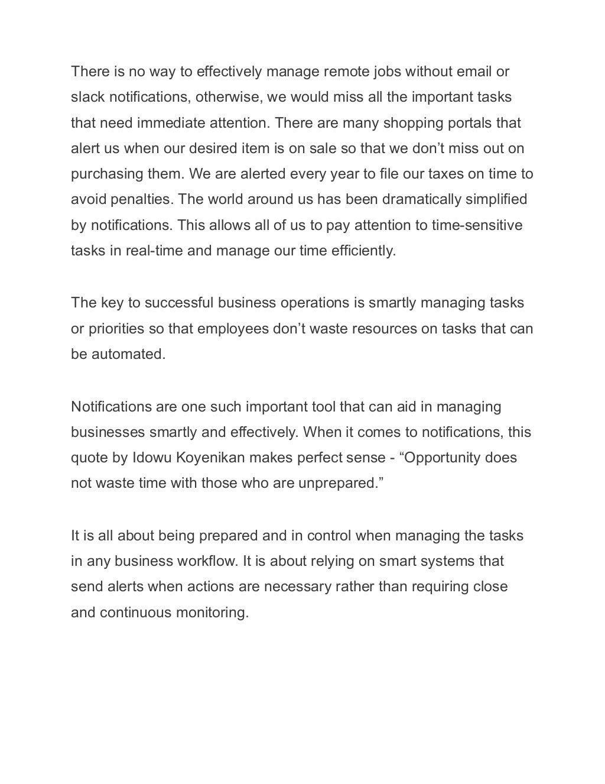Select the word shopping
coord(411,123)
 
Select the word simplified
coord(496,199)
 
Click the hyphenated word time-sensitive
coord(477,225)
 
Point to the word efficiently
coord(364,251)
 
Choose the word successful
coord(179,303)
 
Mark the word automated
coord(128,354)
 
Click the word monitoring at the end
coord(212,613)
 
